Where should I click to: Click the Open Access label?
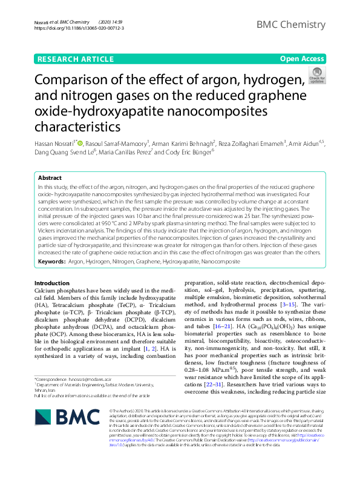[x=302, y=59]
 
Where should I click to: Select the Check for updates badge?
[x=316, y=76]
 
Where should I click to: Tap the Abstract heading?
[x=50, y=178]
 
